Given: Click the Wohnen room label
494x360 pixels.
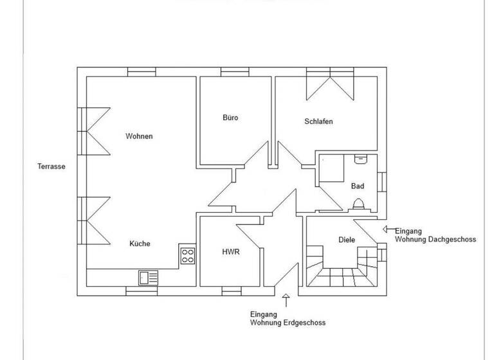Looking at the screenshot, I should coord(139,136).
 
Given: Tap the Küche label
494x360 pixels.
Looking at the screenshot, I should coord(140,244).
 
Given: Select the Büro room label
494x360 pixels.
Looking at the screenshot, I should coord(230,118).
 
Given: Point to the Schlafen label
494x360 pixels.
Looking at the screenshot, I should coord(318,122).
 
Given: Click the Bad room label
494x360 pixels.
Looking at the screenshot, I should coord(358,186).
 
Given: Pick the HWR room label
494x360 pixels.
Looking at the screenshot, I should coord(230,252).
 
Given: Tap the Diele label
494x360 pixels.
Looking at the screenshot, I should coord(347,240).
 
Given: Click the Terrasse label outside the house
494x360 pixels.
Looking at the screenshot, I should coord(52,166).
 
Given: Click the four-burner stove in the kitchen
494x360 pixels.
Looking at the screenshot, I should coord(187,256).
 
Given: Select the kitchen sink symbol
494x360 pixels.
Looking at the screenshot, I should coord(148,277).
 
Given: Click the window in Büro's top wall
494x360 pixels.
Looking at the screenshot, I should coord(230,72).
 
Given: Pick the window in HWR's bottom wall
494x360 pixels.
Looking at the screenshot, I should coord(230,291).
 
